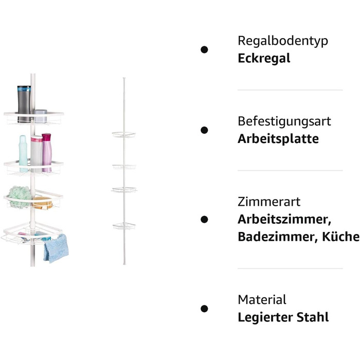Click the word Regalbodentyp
tap(283, 41)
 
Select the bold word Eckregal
tap(264, 58)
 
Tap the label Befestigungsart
tap(284, 121)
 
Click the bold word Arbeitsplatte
tap(278, 139)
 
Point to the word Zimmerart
tap(269, 202)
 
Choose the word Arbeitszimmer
tap(284, 220)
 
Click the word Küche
tap(340, 237)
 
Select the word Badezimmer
tap(278, 237)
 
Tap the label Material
tap(262, 300)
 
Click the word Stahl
tap(313, 317)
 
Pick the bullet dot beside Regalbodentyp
tap(204, 49)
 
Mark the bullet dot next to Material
tap(204, 309)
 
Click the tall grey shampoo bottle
tap(24, 104)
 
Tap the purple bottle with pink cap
tap(47, 152)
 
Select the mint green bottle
tap(23, 153)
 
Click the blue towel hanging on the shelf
tap(56, 249)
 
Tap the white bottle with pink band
tap(37, 154)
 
